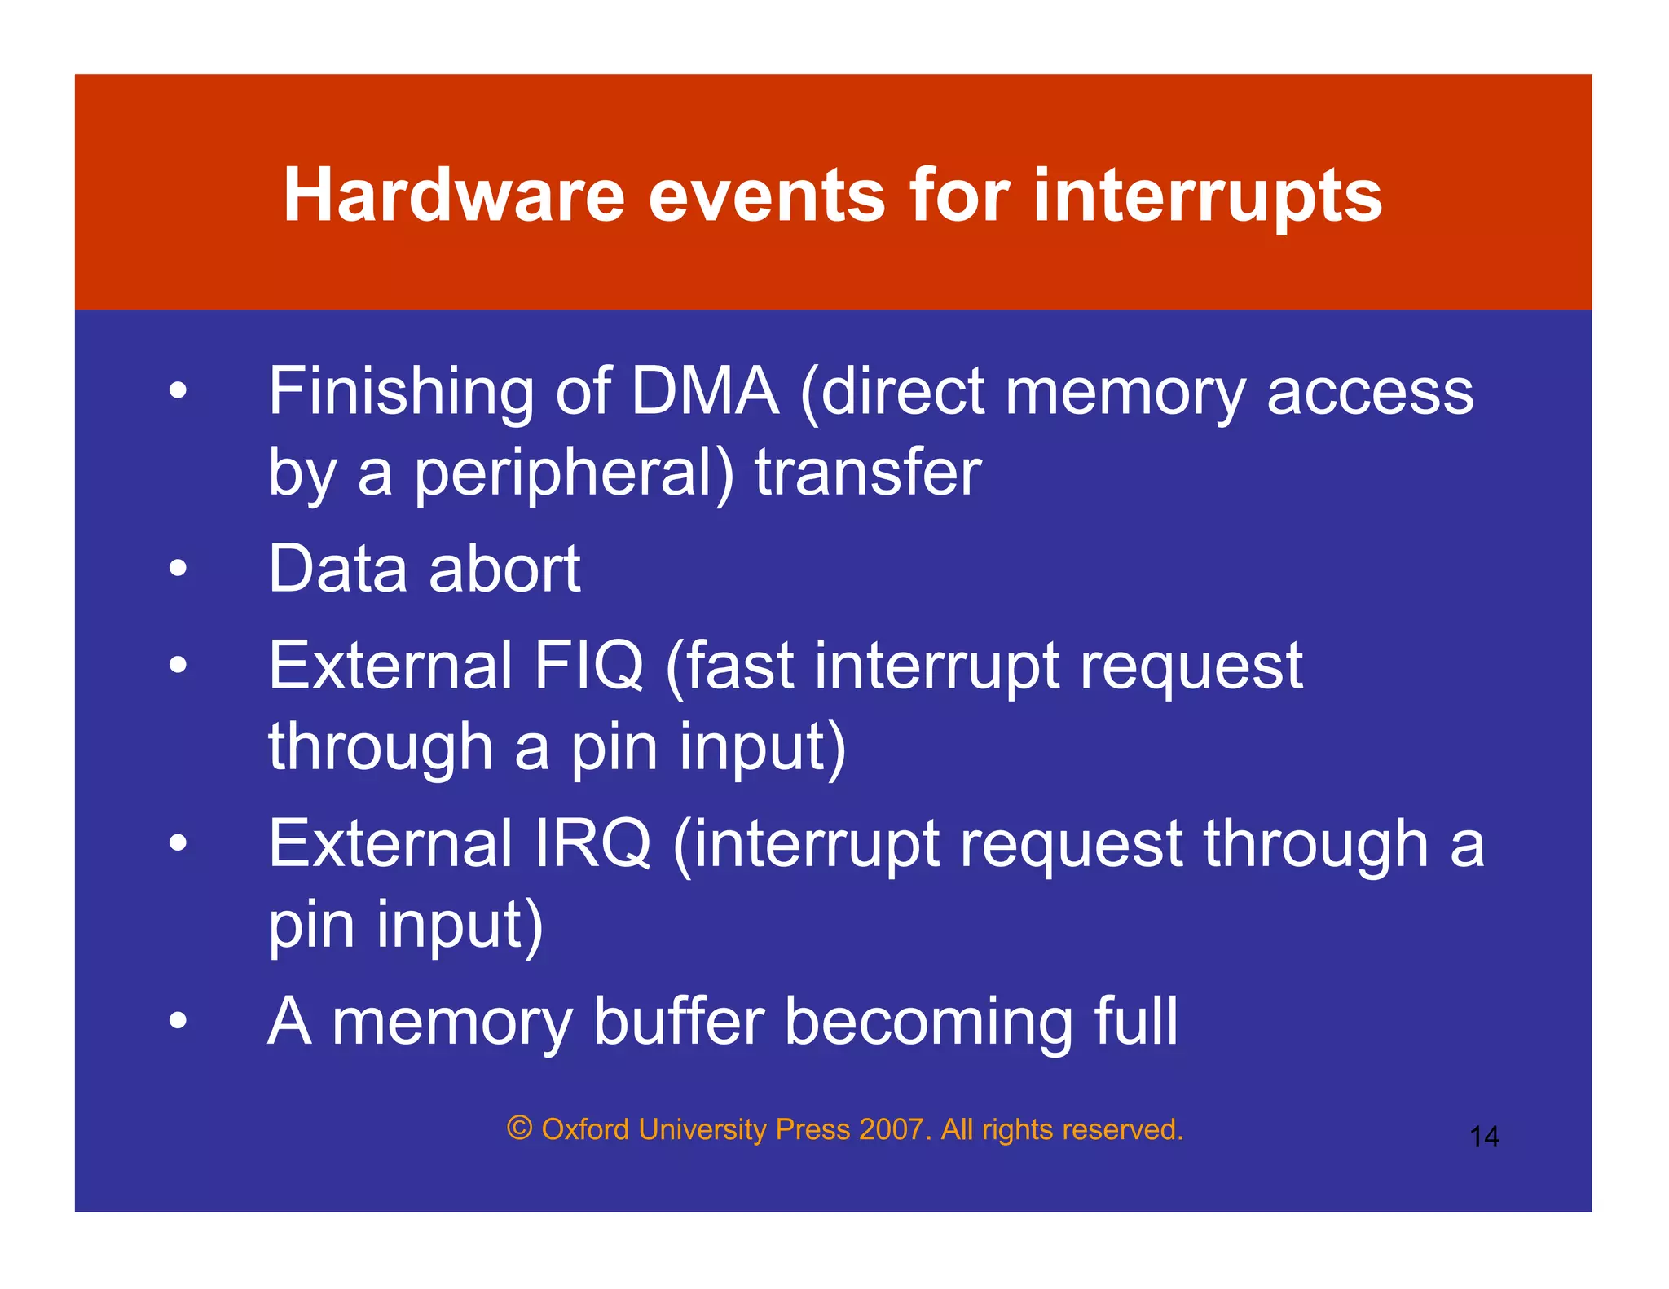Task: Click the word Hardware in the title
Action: (454, 196)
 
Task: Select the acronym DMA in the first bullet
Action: (705, 391)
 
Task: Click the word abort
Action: (504, 569)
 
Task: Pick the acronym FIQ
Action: (588, 666)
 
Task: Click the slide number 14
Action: (1484, 1137)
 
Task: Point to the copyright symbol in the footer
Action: (520, 1128)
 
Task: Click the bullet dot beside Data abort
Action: (178, 569)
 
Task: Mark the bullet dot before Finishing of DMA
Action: (178, 391)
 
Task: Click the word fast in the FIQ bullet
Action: (740, 666)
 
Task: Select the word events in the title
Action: (766, 196)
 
